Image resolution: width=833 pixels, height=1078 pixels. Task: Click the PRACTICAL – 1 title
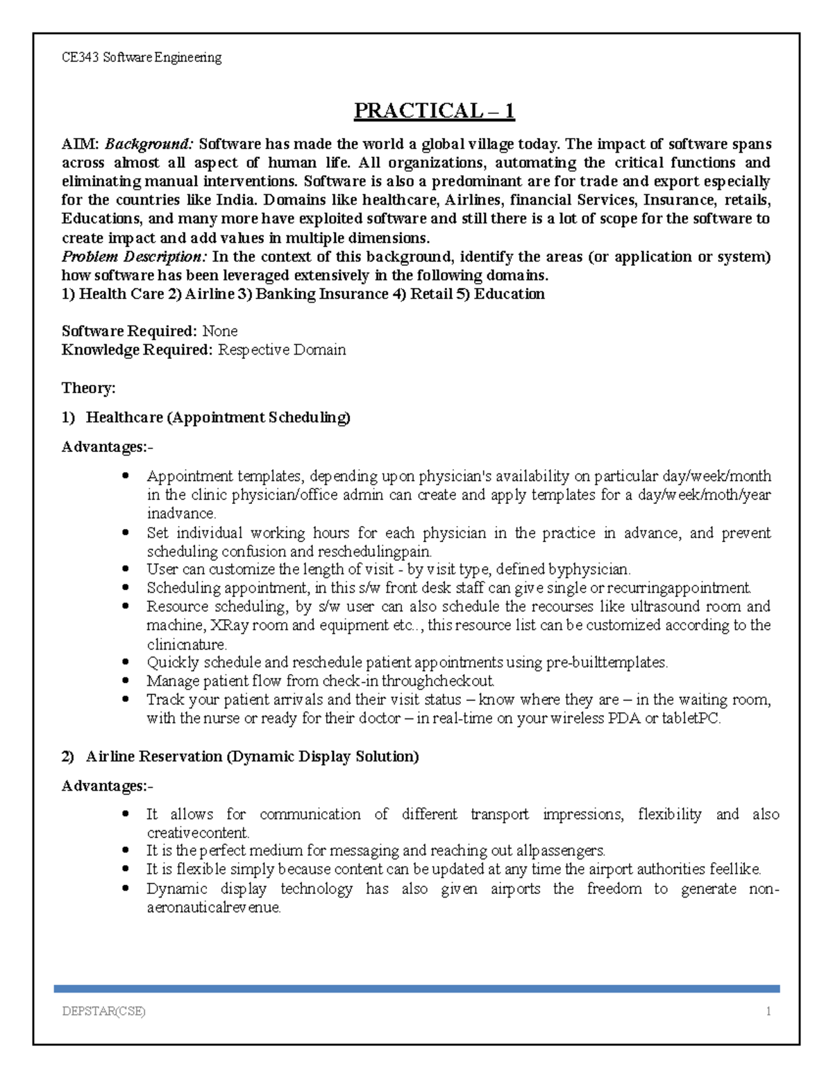(x=434, y=111)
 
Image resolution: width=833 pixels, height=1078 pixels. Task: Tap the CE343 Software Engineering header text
(x=142, y=58)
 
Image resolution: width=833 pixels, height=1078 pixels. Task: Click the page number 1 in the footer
(x=768, y=1011)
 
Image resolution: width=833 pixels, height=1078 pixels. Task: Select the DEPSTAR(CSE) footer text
(x=103, y=1011)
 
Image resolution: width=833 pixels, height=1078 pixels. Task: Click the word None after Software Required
(x=219, y=331)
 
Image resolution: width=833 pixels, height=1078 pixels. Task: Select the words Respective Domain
(x=282, y=350)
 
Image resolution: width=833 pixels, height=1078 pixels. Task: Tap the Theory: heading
(x=88, y=388)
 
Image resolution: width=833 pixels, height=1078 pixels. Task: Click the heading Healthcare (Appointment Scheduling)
(x=218, y=417)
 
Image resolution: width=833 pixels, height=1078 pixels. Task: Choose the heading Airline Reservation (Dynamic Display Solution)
(x=252, y=757)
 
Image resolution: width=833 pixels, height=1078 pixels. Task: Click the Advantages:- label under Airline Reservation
(x=108, y=786)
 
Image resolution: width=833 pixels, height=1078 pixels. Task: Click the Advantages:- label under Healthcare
(x=108, y=447)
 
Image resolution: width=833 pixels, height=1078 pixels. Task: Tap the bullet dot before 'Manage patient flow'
(x=126, y=681)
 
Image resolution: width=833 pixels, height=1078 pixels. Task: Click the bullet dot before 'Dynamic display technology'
(x=126, y=888)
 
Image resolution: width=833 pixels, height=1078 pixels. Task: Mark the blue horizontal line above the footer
(x=416, y=988)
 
